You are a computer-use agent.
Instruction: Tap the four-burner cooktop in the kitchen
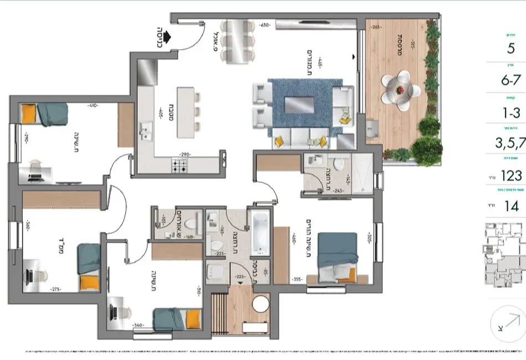(x=179, y=164)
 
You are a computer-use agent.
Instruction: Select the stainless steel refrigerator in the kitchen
(x=147, y=71)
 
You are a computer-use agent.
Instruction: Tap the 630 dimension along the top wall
(x=264, y=25)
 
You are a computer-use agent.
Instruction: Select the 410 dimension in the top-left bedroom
(x=92, y=105)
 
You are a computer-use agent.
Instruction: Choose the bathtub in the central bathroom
(x=259, y=233)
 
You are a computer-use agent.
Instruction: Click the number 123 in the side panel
(x=510, y=176)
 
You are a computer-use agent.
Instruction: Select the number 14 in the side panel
(x=511, y=207)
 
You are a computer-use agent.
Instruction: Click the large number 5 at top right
(x=510, y=48)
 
